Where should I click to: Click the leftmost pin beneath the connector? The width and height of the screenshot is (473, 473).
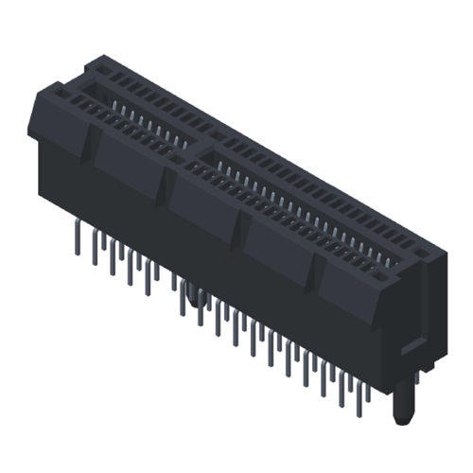click(x=75, y=238)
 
